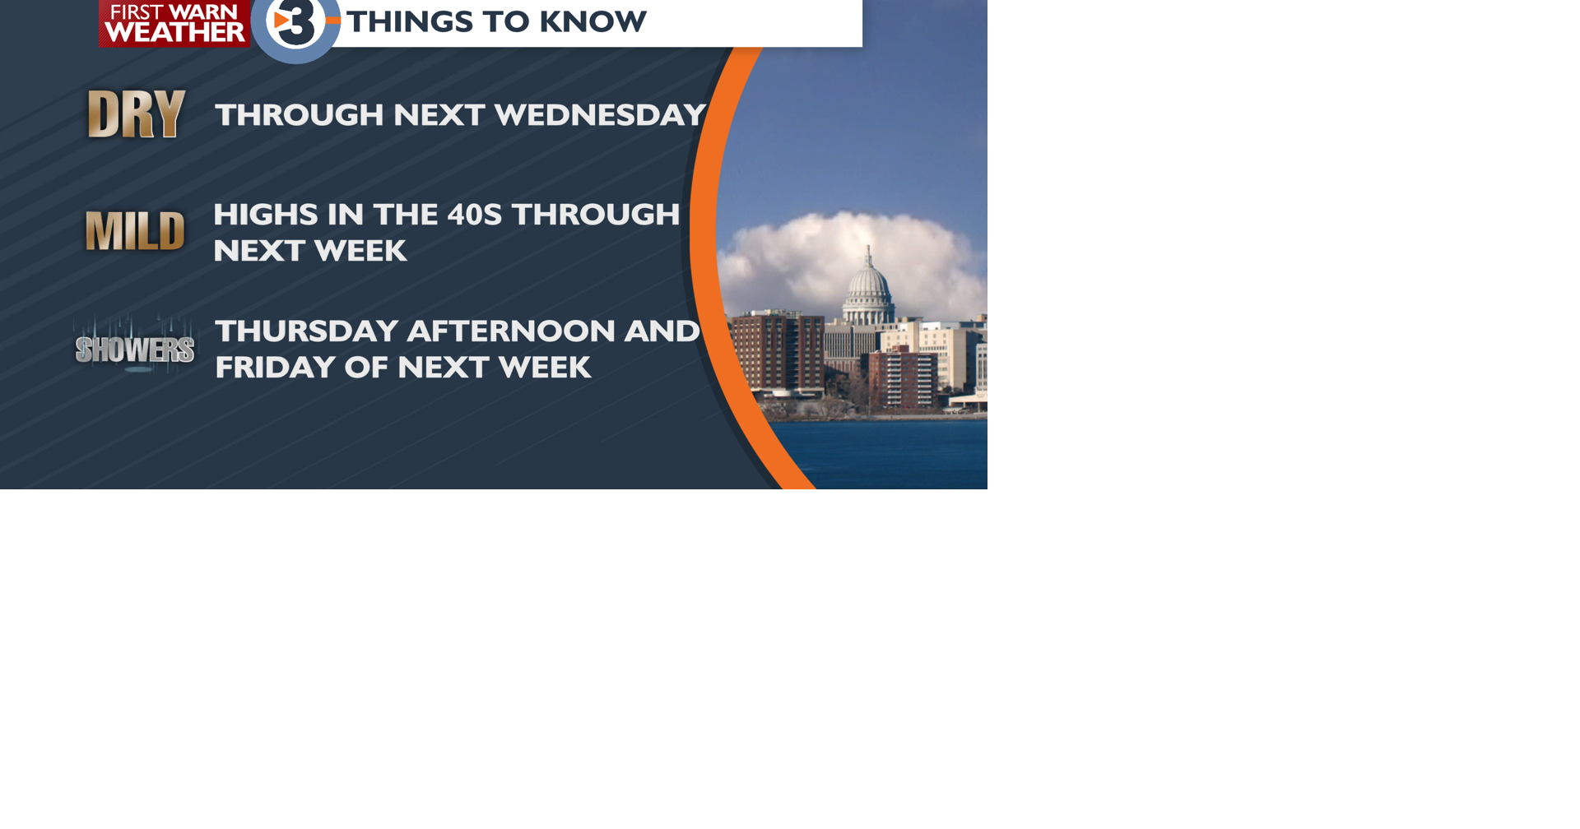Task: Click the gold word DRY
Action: coord(136,114)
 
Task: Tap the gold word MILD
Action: coord(135,231)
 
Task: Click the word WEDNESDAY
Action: coord(600,115)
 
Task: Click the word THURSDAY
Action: coord(307,331)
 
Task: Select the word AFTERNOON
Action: coord(511,331)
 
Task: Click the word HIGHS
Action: coord(266,215)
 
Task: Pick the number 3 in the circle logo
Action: coord(295,24)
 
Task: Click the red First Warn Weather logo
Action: coord(174,23)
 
